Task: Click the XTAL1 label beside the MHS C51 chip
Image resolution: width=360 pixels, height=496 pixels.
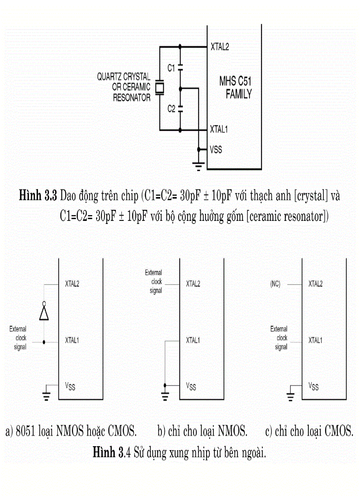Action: [x=219, y=130]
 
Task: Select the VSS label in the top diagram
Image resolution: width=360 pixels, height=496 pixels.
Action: [x=216, y=150]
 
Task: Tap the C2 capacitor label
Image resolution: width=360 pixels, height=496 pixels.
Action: [x=171, y=109]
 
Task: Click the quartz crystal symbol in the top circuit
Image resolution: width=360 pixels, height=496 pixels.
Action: [x=160, y=87]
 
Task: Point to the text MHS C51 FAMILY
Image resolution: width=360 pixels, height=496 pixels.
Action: [x=235, y=87]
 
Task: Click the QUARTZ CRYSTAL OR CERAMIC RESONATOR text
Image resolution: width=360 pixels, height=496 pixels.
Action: [x=124, y=87]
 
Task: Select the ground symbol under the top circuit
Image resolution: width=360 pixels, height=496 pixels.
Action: [x=199, y=166]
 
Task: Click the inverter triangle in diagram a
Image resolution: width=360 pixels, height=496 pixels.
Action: [x=44, y=313]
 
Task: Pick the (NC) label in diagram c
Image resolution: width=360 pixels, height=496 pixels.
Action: [x=275, y=284]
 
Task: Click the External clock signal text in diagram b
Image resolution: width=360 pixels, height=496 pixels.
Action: [x=154, y=282]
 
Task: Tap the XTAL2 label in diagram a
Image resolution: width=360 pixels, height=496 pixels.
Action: [x=72, y=284]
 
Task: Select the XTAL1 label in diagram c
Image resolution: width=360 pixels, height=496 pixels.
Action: [x=315, y=341]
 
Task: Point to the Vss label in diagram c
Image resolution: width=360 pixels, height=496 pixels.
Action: [x=313, y=386]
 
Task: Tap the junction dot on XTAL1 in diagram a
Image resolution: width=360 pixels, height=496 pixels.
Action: [x=44, y=342]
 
